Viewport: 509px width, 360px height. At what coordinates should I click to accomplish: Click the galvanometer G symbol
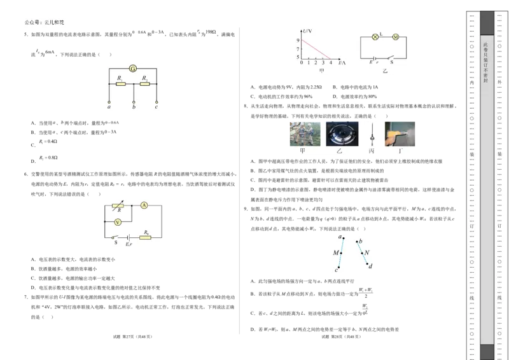(x=133, y=68)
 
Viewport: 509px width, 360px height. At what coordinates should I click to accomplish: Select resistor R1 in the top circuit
(x=121, y=83)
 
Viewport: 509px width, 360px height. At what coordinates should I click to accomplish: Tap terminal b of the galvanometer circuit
(x=134, y=101)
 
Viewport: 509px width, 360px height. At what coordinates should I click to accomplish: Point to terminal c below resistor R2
(x=157, y=101)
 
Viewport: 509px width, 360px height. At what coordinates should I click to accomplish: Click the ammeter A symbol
(x=144, y=205)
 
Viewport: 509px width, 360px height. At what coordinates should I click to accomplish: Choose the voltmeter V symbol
(x=118, y=222)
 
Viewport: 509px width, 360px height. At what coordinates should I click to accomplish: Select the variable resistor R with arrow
(x=118, y=206)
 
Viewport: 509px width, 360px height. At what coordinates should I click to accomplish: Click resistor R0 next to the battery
(x=146, y=239)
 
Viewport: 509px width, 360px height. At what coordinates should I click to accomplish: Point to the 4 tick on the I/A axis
(x=330, y=62)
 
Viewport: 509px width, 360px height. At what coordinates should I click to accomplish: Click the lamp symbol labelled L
(x=375, y=38)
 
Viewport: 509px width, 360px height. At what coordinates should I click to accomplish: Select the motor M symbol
(x=395, y=38)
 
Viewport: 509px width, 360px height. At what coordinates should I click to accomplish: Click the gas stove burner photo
(x=342, y=134)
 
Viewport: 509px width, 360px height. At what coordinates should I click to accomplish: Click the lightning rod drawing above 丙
(x=372, y=134)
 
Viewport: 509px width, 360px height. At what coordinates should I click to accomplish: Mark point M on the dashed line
(x=340, y=253)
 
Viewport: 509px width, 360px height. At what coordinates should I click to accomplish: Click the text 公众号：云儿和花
(x=44, y=22)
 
